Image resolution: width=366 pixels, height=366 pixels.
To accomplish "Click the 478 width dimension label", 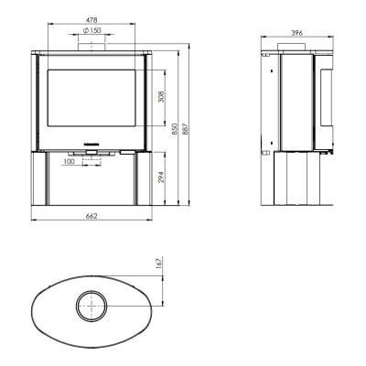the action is pos(91,20).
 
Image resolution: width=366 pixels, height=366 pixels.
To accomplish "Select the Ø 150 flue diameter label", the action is pos(91,30).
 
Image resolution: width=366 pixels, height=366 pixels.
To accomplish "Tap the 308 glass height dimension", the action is pos(161,97).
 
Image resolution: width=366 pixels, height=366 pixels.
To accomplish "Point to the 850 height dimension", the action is pos(174,129).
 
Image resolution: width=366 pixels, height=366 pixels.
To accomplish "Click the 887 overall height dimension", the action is pos(186,129).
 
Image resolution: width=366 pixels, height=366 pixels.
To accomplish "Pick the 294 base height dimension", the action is pos(161,178).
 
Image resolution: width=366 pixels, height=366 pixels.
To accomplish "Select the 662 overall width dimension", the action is pos(91,216).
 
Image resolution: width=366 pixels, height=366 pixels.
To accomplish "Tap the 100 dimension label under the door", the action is pos(70,161).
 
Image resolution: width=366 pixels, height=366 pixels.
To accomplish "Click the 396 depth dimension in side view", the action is pos(296,33).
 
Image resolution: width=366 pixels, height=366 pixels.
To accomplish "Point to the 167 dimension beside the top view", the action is pos(158,263).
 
